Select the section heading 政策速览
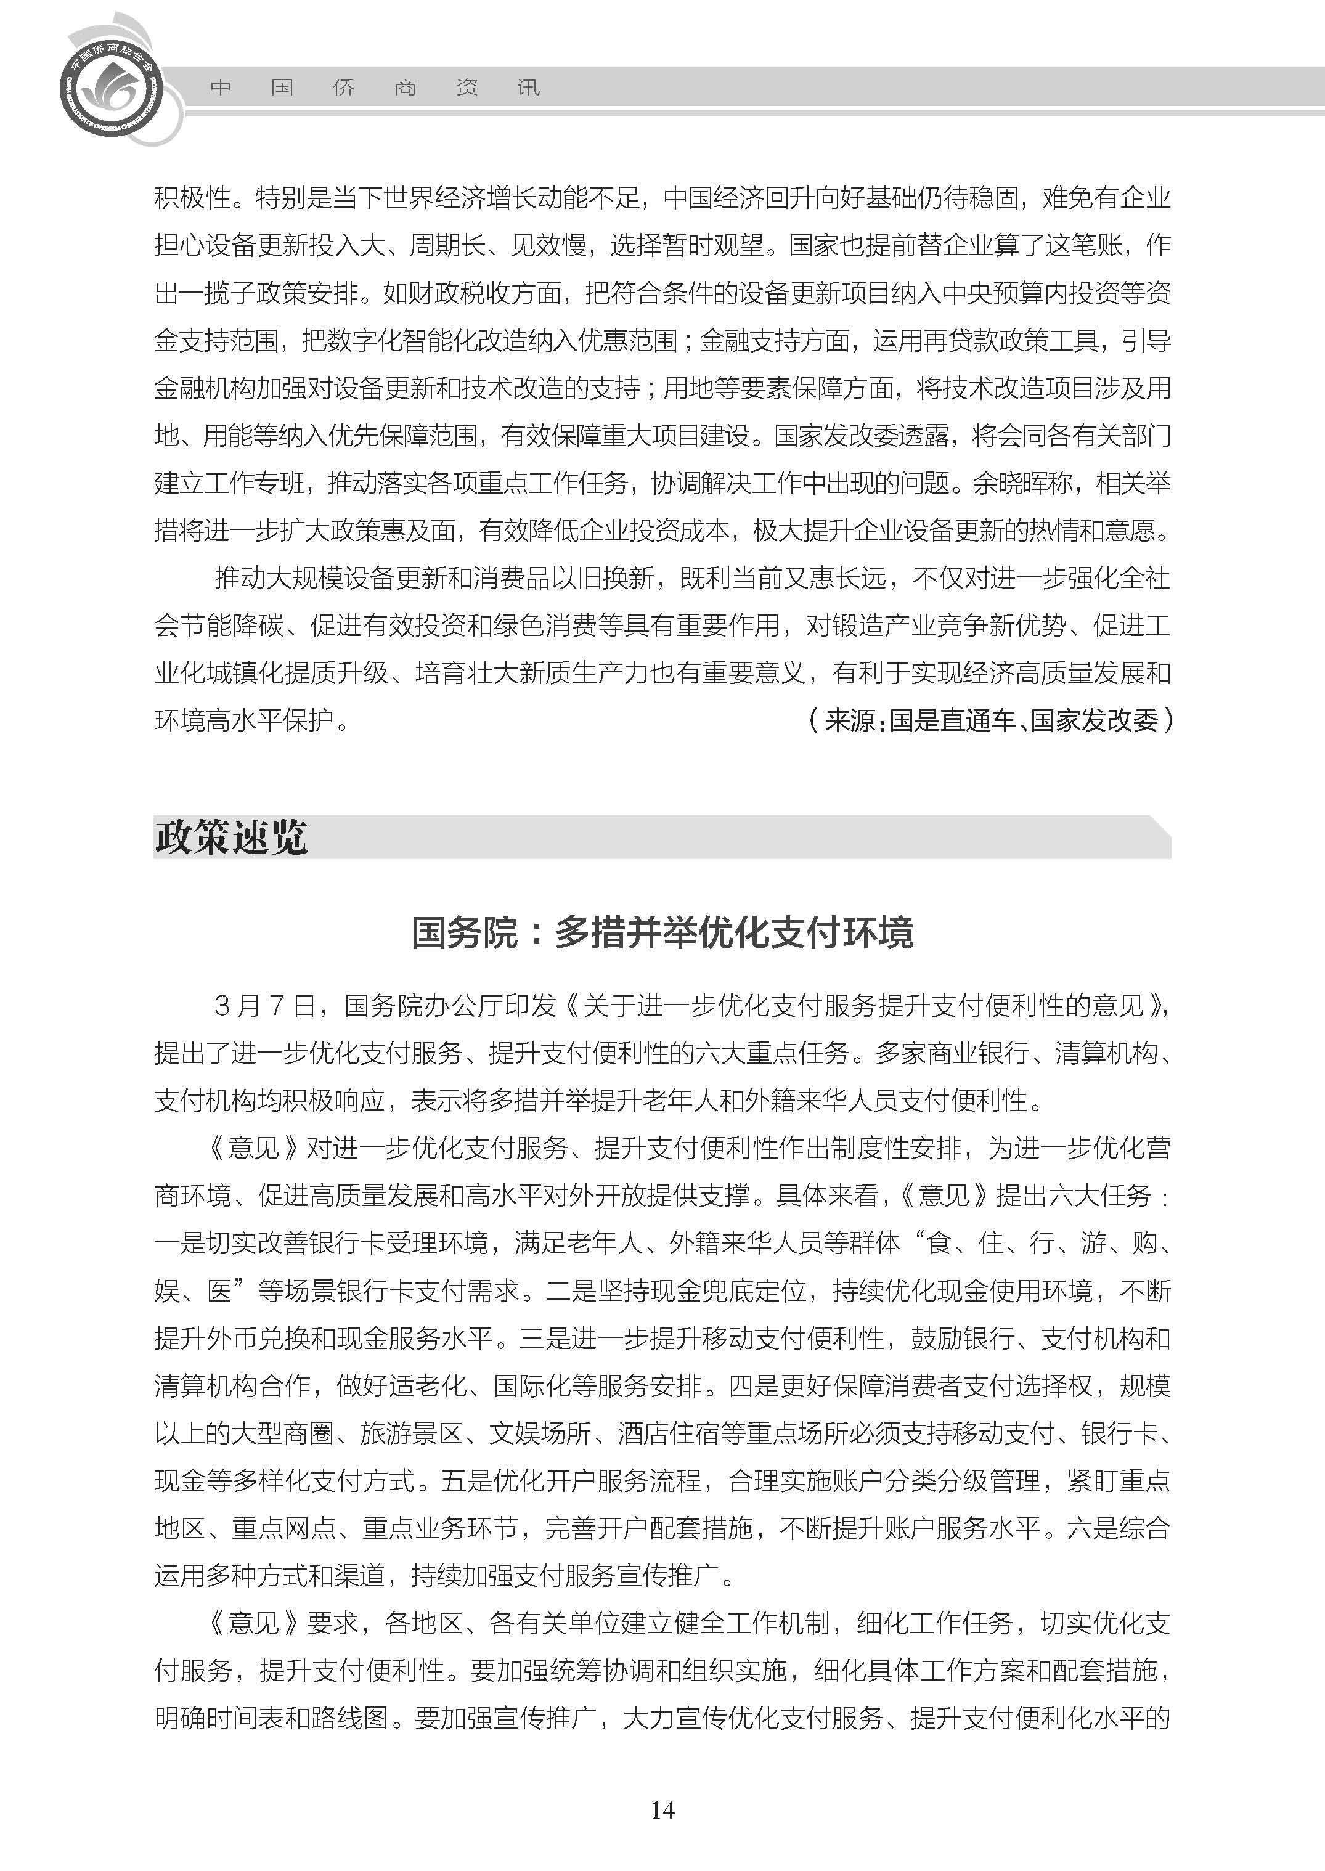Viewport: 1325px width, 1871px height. click(x=231, y=837)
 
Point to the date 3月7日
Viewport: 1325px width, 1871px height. click(x=265, y=1005)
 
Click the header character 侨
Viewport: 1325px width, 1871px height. click(x=343, y=88)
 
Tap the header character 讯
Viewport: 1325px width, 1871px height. click(x=528, y=88)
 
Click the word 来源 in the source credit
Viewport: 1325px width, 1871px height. click(x=849, y=720)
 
